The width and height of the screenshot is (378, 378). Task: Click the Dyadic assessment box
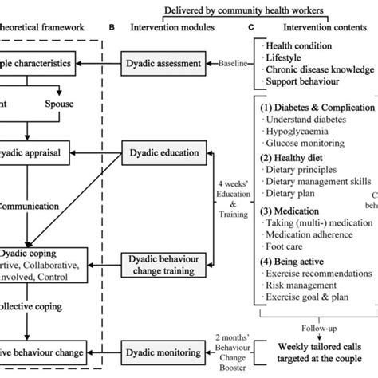(x=163, y=61)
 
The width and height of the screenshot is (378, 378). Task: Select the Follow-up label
(x=319, y=327)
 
